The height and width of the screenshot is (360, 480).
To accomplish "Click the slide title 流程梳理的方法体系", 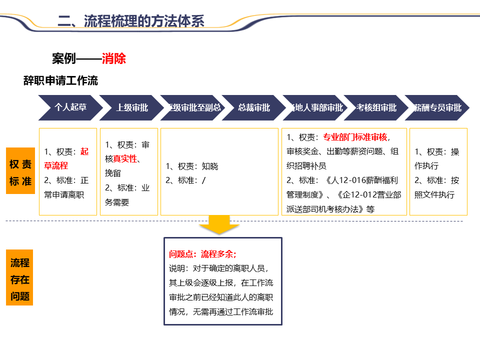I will coord(131,20).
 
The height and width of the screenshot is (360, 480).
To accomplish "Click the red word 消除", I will coord(113,58).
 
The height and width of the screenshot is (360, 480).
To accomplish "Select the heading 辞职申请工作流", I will coord(60,80).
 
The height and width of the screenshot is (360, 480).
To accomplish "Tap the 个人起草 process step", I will coord(70,107).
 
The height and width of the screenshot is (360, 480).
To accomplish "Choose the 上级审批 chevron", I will coord(132,107).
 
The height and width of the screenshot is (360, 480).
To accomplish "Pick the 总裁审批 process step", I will coord(253,107).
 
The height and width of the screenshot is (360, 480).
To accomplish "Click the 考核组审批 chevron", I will coord(376,107).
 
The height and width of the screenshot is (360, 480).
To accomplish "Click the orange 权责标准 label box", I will coord(20,172).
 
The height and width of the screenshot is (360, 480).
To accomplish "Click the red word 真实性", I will coord(125,159).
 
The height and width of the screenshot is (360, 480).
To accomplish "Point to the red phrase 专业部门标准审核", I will coord(355,137).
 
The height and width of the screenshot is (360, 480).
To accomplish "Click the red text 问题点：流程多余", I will coord(202,254).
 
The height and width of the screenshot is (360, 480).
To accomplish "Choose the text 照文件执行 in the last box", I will coord(434,194).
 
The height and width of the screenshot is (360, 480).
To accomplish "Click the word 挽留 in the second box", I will coord(113,173).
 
